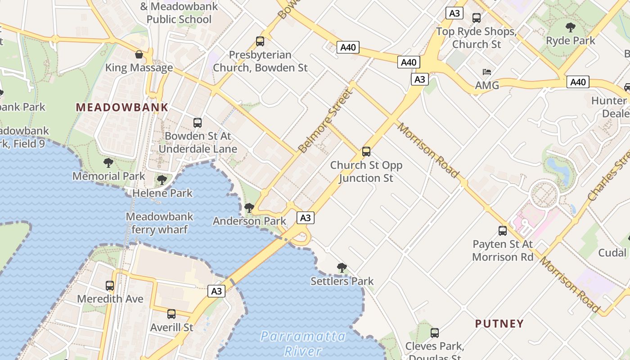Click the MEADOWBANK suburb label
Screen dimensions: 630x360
point(122,108)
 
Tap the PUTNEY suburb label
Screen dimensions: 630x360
point(499,324)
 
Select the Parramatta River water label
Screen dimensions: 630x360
point(303,343)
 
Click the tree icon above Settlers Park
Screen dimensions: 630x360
point(342,268)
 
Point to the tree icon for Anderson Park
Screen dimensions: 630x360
point(249,208)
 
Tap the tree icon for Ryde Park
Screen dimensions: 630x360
point(571,27)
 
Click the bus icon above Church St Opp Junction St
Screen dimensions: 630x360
point(366,152)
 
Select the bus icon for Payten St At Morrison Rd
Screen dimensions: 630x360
point(503,231)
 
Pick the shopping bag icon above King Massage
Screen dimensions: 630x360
point(139,55)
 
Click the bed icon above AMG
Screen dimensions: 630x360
point(487,72)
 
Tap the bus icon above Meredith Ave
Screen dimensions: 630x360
point(110,286)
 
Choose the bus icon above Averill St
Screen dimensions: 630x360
point(171,314)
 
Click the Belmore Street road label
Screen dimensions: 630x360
point(324,121)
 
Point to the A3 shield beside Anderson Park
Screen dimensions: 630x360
point(305,218)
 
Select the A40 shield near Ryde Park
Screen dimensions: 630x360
point(578,82)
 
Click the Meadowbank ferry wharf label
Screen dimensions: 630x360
point(159,223)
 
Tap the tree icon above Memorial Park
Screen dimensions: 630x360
point(108,163)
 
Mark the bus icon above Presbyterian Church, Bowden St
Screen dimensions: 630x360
point(260,41)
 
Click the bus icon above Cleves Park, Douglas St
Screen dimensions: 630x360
point(435,333)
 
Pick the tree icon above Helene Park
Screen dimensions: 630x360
point(162,180)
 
